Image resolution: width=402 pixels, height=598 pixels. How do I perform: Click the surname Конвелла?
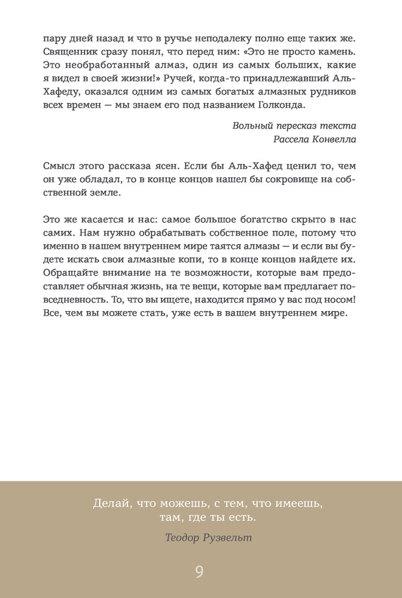[x=334, y=140]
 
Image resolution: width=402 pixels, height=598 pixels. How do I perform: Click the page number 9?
[x=200, y=572]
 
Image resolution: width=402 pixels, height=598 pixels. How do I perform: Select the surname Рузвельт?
[x=227, y=538]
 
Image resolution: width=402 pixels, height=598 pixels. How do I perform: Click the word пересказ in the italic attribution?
[x=296, y=126]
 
